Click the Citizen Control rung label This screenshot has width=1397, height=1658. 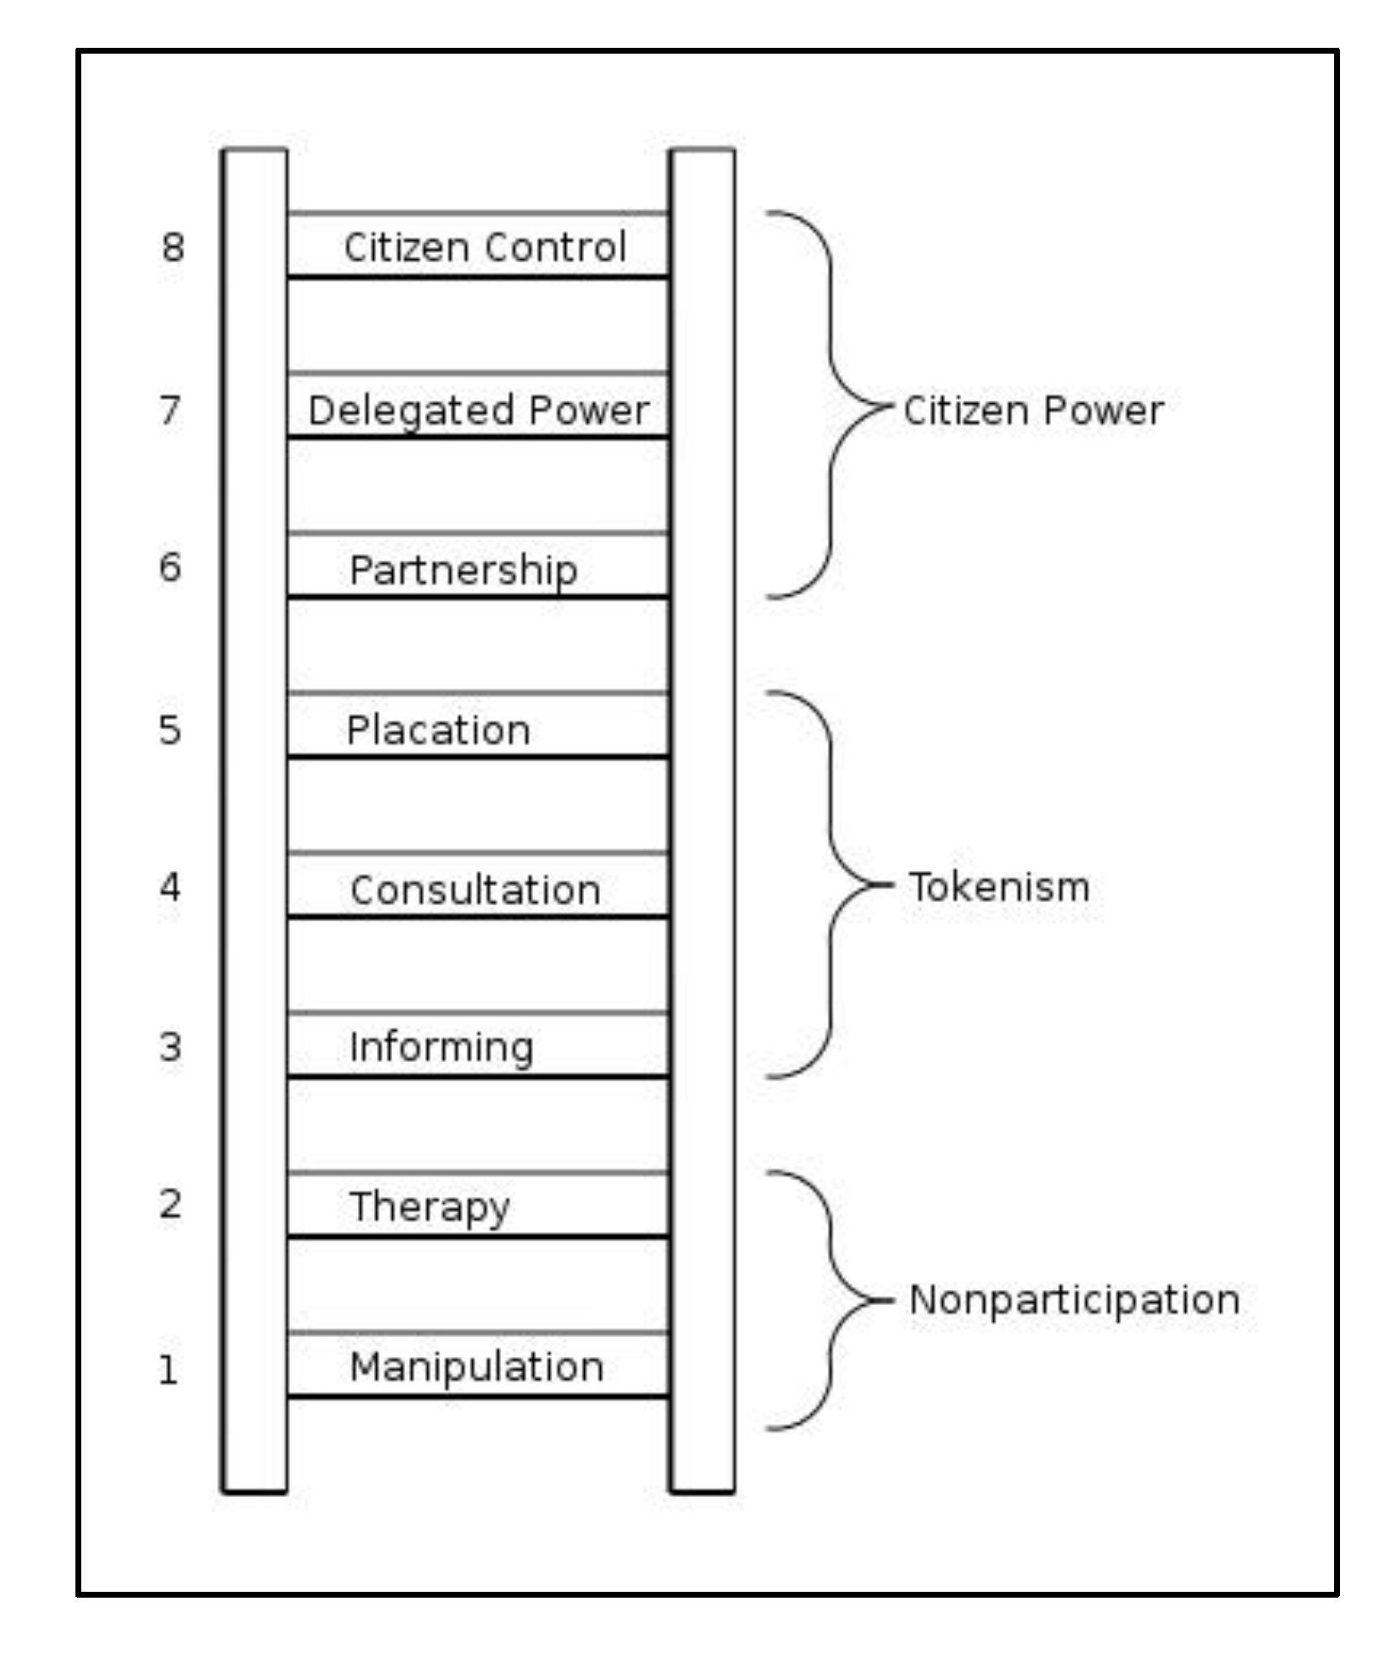tap(484, 247)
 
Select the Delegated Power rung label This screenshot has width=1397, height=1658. tap(479, 411)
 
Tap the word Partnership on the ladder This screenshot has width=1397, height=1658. tap(463, 570)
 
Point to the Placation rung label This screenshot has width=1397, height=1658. tap(438, 730)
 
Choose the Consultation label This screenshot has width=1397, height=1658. tap(475, 890)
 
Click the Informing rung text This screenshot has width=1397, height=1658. tap(441, 1048)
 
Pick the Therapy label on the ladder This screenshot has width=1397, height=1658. tap(429, 1207)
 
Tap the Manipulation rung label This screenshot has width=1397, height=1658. tap(476, 1367)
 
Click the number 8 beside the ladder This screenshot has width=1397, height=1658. tap(173, 247)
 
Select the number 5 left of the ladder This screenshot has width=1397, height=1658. tap(170, 730)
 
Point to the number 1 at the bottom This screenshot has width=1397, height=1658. tap(168, 1370)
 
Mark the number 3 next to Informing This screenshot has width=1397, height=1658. tap(170, 1047)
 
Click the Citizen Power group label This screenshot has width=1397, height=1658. tap(1033, 411)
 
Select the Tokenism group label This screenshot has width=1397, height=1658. tap(999, 887)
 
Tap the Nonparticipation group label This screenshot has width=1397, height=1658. tap(1074, 1300)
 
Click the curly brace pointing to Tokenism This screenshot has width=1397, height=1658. tap(831, 885)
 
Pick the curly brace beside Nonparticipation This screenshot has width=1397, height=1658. tap(831, 1300)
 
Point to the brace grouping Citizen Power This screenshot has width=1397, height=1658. tap(831, 407)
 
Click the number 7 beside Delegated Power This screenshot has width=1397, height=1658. tap(170, 410)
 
